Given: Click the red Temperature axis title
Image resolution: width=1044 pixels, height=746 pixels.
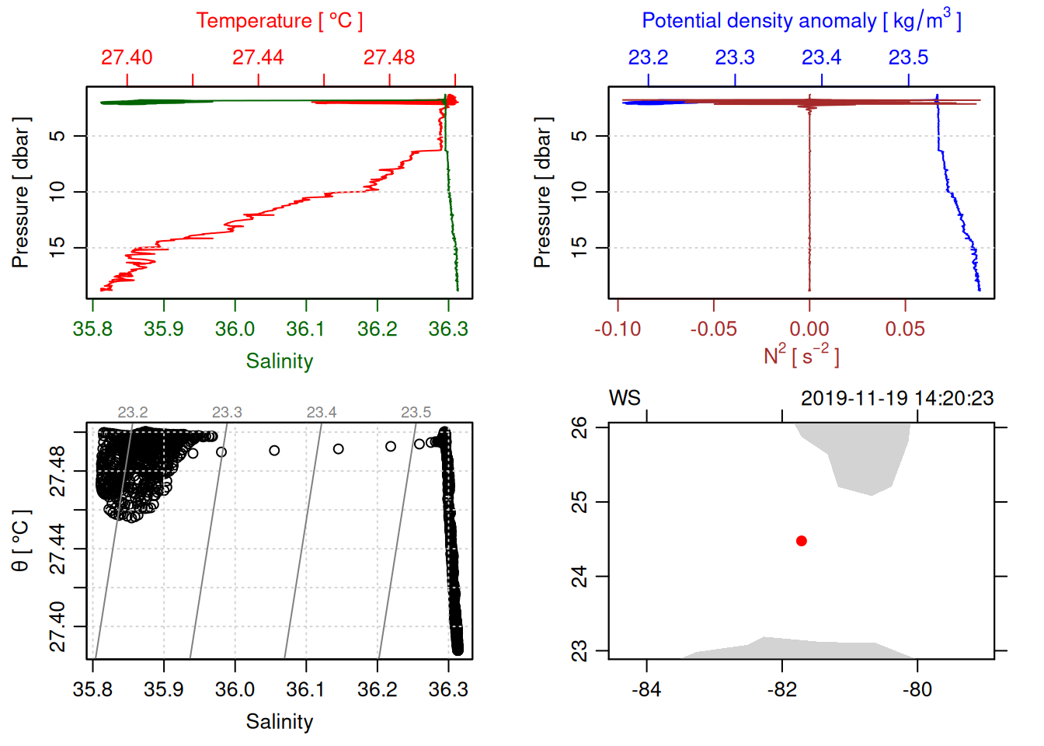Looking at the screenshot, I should (279, 21).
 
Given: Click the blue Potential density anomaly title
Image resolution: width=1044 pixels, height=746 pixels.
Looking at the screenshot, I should (801, 21).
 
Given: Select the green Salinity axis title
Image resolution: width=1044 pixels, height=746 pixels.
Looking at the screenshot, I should (279, 361).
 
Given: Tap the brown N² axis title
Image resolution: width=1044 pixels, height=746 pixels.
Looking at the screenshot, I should (801, 356).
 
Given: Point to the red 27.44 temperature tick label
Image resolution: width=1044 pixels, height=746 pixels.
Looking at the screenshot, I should (258, 58).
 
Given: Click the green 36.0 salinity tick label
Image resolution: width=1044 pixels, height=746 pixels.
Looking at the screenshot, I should (235, 329).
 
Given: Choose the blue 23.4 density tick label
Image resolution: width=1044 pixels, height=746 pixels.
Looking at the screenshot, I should (821, 58).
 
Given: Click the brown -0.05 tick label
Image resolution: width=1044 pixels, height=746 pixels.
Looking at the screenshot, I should (713, 329).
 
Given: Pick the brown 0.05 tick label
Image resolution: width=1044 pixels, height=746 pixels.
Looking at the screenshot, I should (905, 329).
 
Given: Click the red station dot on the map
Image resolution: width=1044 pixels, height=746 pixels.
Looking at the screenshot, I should (802, 541).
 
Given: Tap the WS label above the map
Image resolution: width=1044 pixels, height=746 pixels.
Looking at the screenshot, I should (625, 399).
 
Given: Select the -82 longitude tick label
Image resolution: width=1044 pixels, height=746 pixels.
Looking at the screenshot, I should (781, 689).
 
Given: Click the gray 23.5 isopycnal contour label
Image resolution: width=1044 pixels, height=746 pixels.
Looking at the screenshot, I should (416, 413).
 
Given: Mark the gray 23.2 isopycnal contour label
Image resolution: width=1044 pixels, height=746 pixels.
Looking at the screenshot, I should (133, 413).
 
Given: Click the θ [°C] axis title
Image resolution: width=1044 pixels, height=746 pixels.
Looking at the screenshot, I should (21, 541).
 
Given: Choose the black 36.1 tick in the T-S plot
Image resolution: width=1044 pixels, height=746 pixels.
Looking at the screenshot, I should (305, 689).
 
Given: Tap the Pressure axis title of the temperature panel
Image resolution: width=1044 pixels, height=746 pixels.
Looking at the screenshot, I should (21, 193).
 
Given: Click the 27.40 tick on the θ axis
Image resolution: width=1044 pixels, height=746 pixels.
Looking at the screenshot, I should (58, 626).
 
